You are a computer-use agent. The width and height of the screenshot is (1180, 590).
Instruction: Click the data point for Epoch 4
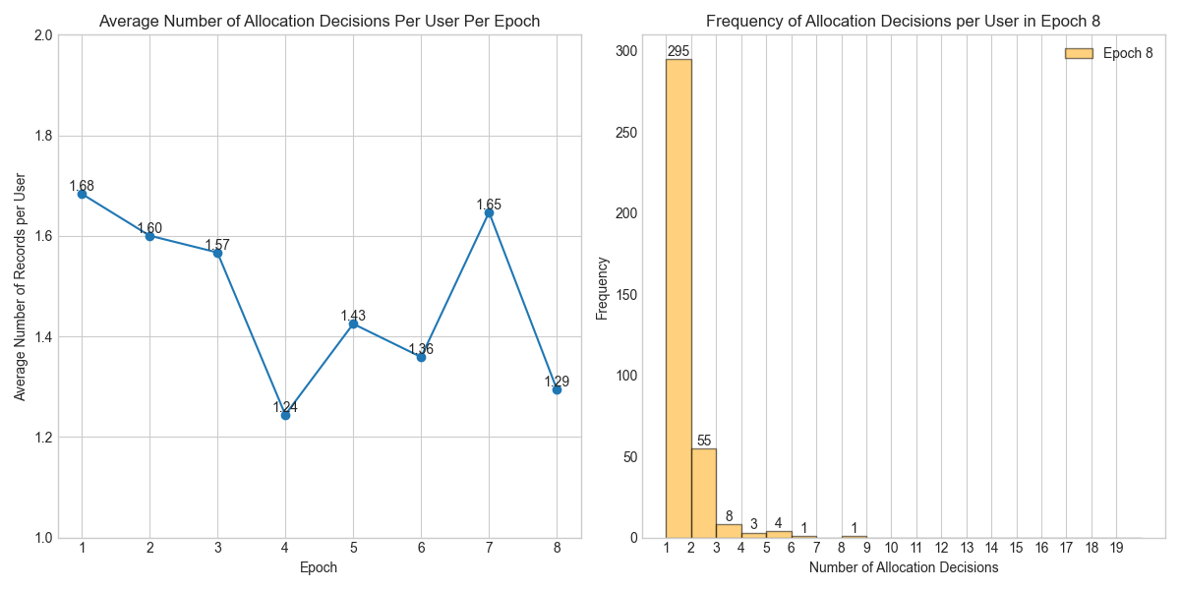pyautogui.click(x=285, y=415)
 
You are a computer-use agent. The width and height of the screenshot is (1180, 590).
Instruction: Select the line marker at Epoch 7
pyautogui.click(x=489, y=212)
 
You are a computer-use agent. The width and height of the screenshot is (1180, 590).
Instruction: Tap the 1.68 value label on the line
pyautogui.click(x=82, y=186)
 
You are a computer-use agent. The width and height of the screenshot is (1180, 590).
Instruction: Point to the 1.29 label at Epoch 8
pyautogui.click(x=557, y=382)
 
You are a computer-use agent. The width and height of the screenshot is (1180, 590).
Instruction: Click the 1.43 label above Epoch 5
pyautogui.click(x=353, y=316)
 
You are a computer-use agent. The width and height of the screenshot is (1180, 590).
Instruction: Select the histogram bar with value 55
pyautogui.click(x=704, y=493)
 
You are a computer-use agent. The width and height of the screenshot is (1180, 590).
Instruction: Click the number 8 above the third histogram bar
pyautogui.click(x=729, y=516)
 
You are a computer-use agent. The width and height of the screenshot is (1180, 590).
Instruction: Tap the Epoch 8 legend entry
pyautogui.click(x=1109, y=54)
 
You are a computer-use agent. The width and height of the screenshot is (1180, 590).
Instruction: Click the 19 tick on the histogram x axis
pyautogui.click(x=1116, y=547)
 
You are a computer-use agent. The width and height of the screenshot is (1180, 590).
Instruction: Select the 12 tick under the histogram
pyautogui.click(x=941, y=547)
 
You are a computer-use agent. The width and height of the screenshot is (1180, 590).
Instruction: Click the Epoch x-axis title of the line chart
pyautogui.click(x=320, y=567)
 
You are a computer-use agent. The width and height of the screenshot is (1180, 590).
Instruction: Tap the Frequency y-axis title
pyautogui.click(x=603, y=288)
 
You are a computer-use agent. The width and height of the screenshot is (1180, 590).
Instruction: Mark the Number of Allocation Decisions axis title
pyautogui.click(x=903, y=567)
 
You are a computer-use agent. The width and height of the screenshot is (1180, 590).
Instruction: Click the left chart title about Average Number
pyautogui.click(x=320, y=21)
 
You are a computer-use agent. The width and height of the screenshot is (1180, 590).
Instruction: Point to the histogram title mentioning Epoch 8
pyautogui.click(x=903, y=21)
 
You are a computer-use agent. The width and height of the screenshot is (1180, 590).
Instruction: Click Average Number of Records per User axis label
pyautogui.click(x=20, y=286)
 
